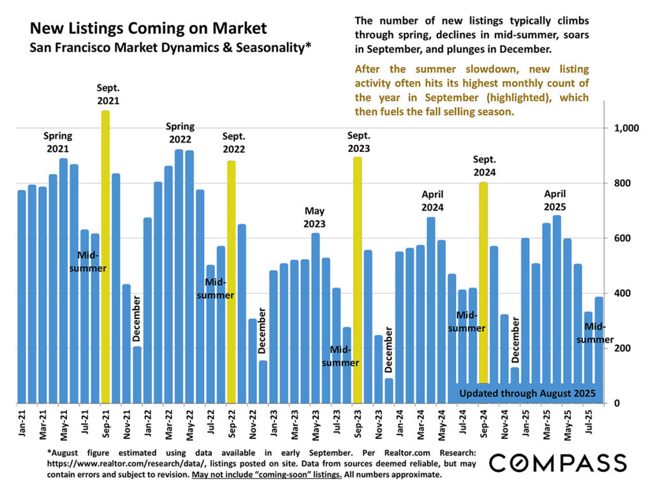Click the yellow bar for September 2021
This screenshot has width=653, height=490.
(105, 255)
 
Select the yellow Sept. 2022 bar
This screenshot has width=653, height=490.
(231, 281)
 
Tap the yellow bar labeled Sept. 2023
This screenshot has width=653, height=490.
(357, 281)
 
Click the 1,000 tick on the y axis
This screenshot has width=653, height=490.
(627, 128)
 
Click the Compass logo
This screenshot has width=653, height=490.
(557, 463)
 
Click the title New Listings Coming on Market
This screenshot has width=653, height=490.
(149, 29)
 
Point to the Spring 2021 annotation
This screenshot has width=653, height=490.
(57, 142)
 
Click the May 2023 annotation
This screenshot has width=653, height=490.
(315, 217)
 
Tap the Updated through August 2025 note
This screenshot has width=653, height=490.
(527, 393)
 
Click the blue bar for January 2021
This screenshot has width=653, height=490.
(22, 297)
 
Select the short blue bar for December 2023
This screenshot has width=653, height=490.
(389, 390)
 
